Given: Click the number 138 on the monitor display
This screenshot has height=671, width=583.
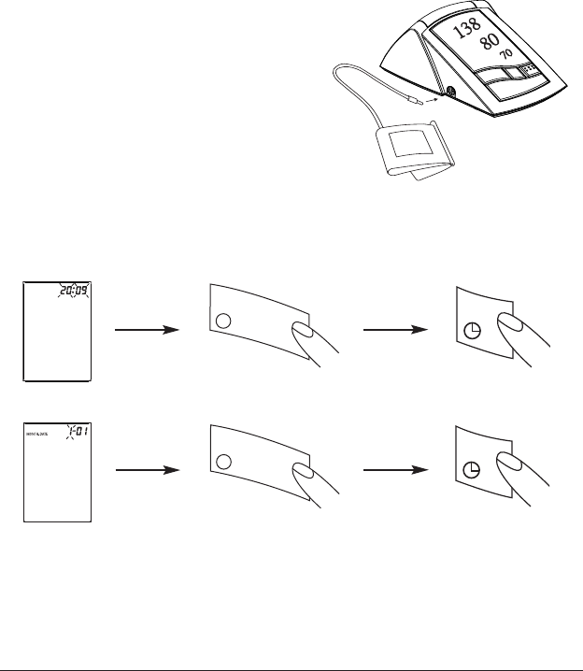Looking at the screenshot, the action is click(463, 31).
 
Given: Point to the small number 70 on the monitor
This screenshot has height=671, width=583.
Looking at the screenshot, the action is click(505, 55).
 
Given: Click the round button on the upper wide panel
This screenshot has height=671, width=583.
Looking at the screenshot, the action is click(222, 321).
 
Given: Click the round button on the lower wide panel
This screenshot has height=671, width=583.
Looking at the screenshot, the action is click(222, 461).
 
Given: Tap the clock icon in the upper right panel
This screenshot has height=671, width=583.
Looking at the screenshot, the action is click(472, 329).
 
